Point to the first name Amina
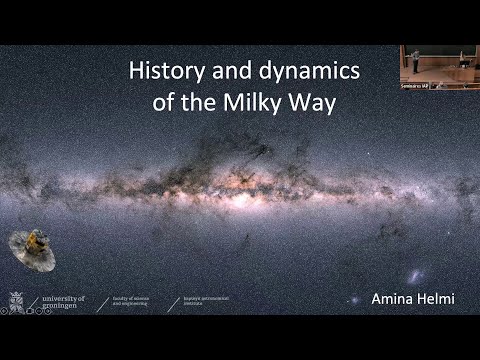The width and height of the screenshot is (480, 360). pos(389,299)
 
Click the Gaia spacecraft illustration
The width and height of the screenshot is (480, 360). pos(32,249)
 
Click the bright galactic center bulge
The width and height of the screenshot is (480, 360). pos(240,180)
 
